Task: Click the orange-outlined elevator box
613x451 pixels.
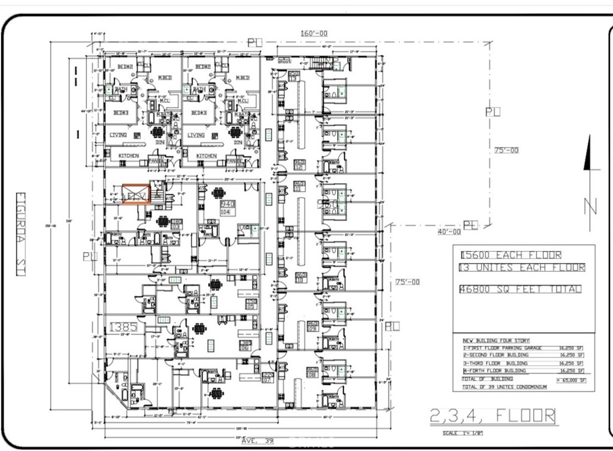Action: tap(136, 195)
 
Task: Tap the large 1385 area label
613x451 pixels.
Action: tap(124, 327)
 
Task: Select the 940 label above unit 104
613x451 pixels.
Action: tap(227, 204)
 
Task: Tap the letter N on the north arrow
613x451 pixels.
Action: tap(591, 206)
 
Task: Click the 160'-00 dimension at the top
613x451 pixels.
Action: tap(314, 34)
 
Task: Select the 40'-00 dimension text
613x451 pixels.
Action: tap(448, 231)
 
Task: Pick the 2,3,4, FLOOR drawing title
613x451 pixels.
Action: tap(492, 415)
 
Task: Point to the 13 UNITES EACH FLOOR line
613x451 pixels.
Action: tap(521, 268)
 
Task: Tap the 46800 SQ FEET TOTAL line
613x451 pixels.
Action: tap(520, 289)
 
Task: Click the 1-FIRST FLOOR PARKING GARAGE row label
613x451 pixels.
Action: tap(494, 347)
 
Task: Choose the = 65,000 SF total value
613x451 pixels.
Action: tap(571, 380)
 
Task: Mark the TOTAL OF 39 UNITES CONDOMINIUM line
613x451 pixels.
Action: tap(504, 387)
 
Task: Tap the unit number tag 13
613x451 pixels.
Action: tap(293, 76)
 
